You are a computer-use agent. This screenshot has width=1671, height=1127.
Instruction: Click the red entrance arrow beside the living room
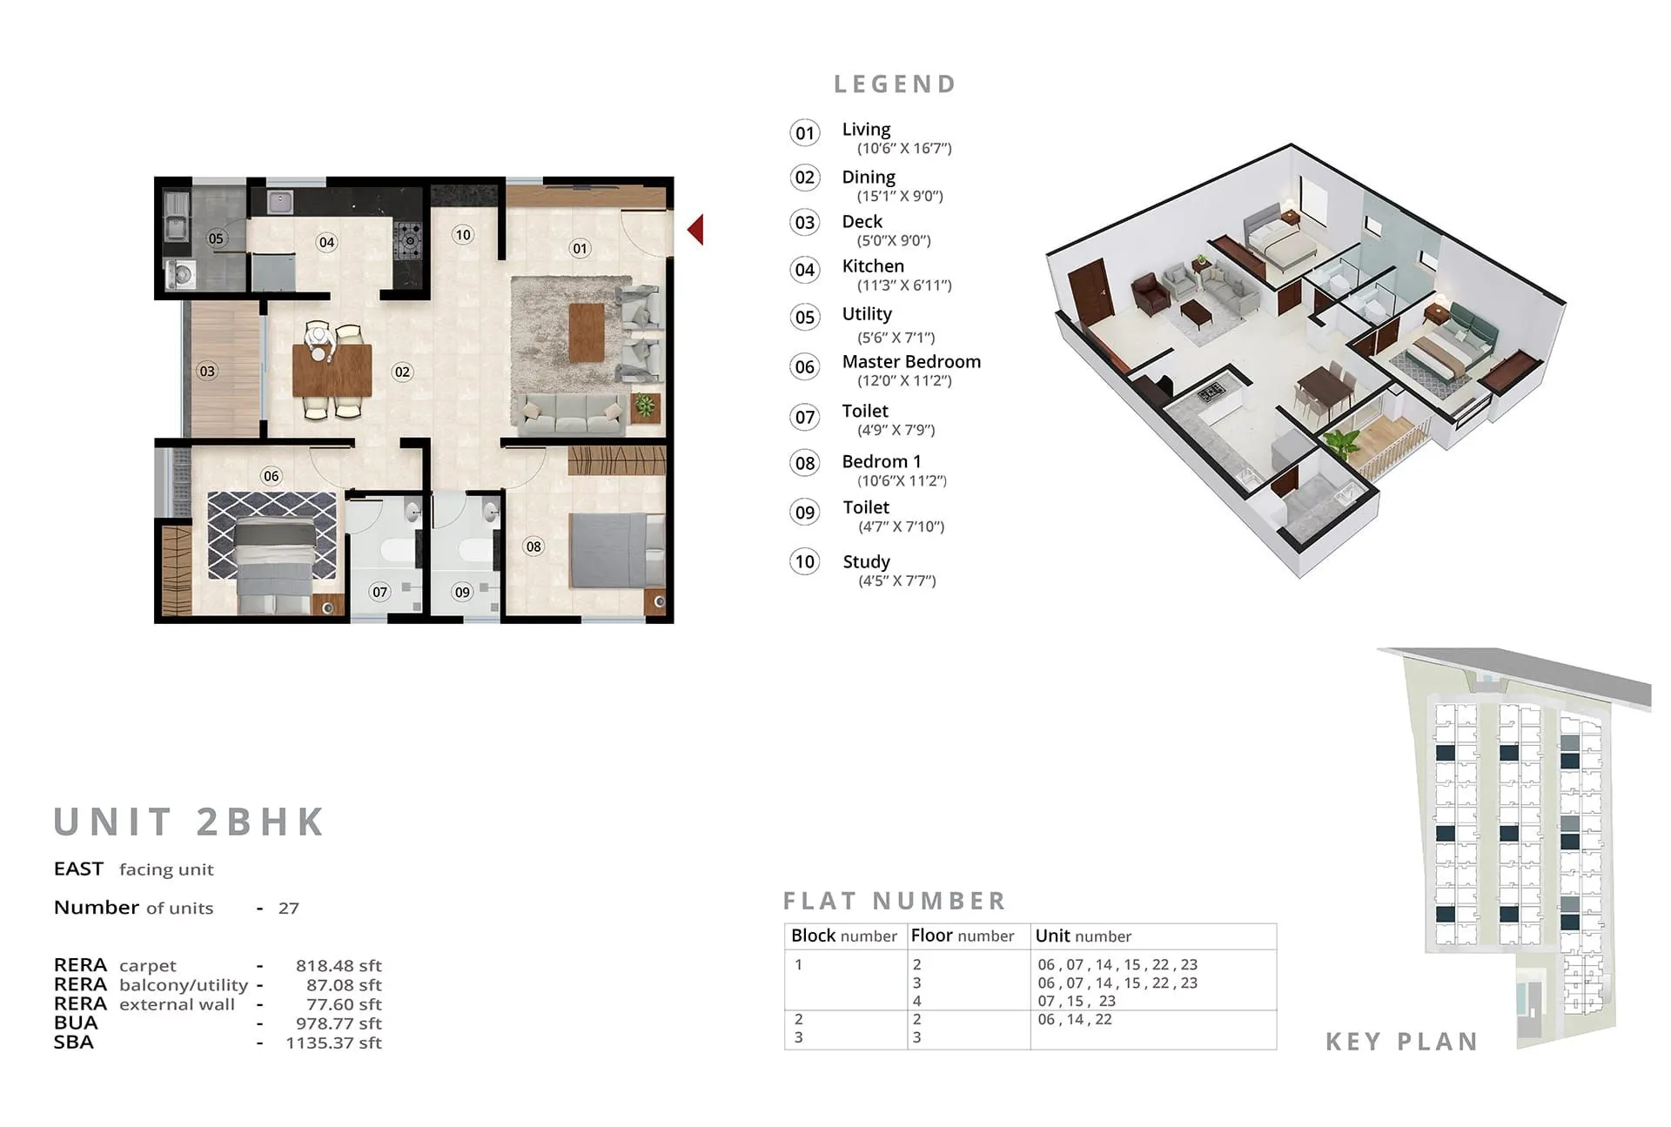696,230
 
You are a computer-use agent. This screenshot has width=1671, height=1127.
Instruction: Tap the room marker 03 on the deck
207,372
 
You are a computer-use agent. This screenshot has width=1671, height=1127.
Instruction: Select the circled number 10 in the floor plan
463,234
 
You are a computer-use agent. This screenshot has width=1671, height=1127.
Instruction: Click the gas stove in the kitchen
408,241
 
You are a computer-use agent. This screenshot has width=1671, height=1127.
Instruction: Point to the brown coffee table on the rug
587,332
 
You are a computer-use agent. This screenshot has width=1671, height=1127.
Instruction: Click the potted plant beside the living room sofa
645,405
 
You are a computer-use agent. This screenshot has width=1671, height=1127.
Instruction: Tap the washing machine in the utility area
182,275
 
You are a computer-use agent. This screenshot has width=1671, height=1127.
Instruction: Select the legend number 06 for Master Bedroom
805,367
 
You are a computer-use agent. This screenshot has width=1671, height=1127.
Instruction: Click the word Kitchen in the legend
873,266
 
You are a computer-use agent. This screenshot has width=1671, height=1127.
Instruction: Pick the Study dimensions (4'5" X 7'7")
897,581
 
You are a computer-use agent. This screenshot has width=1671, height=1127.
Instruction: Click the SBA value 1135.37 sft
334,1043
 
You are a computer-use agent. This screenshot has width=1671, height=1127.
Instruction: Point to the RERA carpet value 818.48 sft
339,966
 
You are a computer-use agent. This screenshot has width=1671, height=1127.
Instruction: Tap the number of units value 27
288,909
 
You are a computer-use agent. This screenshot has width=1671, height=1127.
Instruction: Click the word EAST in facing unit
78,869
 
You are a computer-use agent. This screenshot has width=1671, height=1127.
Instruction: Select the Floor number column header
962,936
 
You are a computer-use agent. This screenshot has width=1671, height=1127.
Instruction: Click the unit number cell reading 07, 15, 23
1077,1002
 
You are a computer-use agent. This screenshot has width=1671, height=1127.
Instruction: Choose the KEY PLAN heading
1402,1042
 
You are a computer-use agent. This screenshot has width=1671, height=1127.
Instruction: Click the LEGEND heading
896,84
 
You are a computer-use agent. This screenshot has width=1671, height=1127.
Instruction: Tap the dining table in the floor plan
332,370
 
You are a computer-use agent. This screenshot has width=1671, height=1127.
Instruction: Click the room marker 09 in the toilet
462,593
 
